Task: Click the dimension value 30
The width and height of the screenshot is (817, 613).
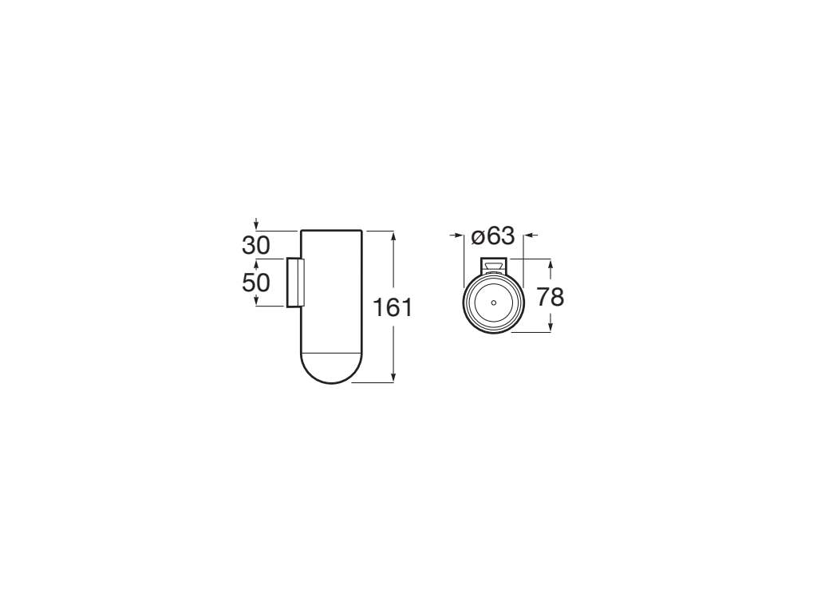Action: (256, 246)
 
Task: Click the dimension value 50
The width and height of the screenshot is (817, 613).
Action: (256, 283)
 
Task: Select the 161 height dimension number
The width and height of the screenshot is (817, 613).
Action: (393, 307)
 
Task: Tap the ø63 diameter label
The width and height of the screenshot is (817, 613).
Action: (493, 236)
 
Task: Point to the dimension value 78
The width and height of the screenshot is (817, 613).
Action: (551, 298)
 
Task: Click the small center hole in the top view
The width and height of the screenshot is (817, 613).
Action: (493, 303)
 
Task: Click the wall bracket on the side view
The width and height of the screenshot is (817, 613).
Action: (295, 282)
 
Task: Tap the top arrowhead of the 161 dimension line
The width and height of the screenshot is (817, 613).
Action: (393, 235)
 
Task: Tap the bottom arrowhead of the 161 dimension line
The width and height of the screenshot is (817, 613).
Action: (393, 378)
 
